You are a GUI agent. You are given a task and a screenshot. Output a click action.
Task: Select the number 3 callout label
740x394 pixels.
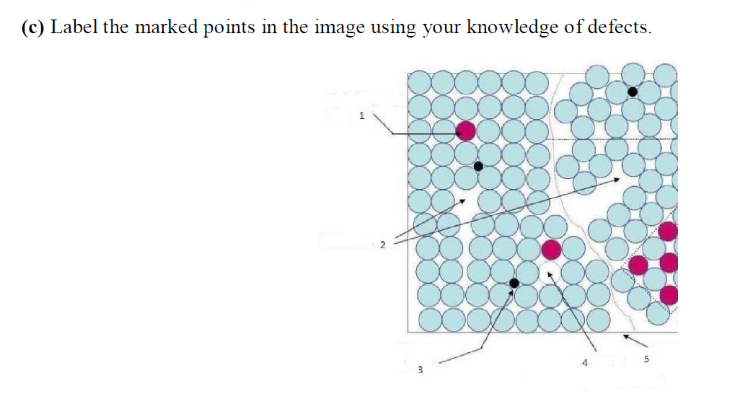(x=418, y=371)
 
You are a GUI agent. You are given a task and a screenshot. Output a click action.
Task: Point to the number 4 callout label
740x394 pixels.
(x=586, y=364)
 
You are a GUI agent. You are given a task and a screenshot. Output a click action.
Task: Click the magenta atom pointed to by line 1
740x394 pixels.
(x=466, y=131)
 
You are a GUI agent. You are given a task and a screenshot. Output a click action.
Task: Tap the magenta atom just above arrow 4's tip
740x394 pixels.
(x=551, y=250)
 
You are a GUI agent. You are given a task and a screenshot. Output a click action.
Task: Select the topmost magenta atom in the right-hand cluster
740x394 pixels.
(x=668, y=231)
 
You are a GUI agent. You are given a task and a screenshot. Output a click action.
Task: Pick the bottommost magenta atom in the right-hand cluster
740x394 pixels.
(x=669, y=294)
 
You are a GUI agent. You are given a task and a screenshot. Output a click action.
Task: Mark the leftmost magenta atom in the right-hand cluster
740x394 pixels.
(x=638, y=265)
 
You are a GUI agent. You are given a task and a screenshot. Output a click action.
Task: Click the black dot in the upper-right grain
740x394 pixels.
(x=633, y=92)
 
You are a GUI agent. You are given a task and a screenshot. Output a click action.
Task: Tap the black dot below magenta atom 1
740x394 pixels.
(x=478, y=166)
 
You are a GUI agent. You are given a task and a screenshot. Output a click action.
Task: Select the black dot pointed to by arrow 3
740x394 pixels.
(x=514, y=282)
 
